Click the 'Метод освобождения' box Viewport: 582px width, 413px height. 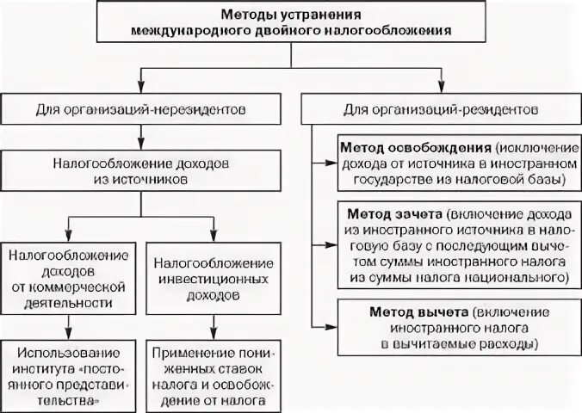pyautogui.click(x=453, y=160)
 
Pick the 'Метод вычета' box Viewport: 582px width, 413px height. pyautogui.click(x=453, y=326)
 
